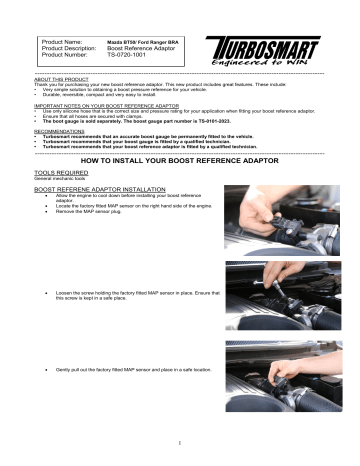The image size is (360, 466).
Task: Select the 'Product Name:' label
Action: [x=65, y=38]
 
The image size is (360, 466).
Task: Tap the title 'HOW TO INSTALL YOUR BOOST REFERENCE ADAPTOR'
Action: [x=179, y=159]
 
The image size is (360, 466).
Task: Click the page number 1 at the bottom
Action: [x=179, y=445]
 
